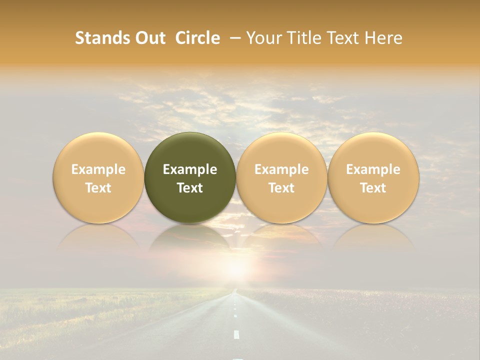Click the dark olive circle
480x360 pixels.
pos(190,177)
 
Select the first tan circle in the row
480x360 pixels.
pos(98,177)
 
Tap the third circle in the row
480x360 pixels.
pos(281,177)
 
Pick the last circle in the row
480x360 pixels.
pos(373,177)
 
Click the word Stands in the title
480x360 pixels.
pos(102,38)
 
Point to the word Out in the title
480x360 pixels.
pos(149,38)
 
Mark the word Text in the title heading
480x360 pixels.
pos(342,38)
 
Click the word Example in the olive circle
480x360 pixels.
pos(190,169)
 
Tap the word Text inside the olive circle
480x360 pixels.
pos(190,188)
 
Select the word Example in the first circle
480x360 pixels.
pos(98,169)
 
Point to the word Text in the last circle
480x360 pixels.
pos(373,188)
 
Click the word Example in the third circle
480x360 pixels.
pos(281,169)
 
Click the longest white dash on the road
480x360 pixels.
pos(236,334)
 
